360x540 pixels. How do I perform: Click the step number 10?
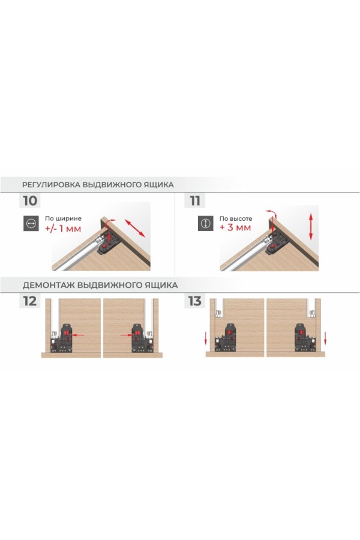(x=30, y=201)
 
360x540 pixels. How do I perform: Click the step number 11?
(x=195, y=201)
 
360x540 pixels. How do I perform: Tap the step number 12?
(x=30, y=301)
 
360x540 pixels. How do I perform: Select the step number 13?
(x=194, y=301)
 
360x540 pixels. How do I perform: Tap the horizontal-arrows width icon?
(x=31, y=224)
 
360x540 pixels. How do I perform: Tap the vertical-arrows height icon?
(x=206, y=224)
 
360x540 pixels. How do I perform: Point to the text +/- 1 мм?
(x=63, y=228)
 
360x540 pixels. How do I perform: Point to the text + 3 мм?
(x=235, y=227)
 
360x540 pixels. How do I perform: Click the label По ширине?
(x=63, y=218)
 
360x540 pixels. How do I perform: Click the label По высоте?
(x=236, y=218)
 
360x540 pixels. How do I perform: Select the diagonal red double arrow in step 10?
(x=135, y=227)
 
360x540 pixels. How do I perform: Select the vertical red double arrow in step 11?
(x=311, y=226)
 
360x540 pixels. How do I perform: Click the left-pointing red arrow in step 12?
(x=78, y=334)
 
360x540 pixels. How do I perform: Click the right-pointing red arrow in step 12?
(x=127, y=334)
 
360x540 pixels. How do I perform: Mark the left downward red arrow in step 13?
(x=206, y=338)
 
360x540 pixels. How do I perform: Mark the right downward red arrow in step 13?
(x=325, y=338)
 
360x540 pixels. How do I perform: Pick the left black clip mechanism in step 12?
(x=61, y=338)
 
